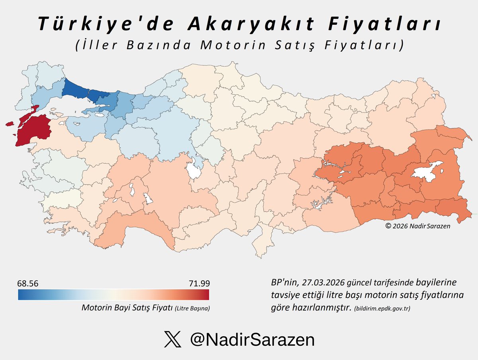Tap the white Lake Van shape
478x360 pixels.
(x=428, y=171)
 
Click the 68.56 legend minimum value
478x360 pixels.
(x=28, y=283)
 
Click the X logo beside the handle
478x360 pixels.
(x=170, y=340)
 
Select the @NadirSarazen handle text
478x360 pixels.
(x=252, y=340)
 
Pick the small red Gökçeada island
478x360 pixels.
(x=10, y=124)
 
